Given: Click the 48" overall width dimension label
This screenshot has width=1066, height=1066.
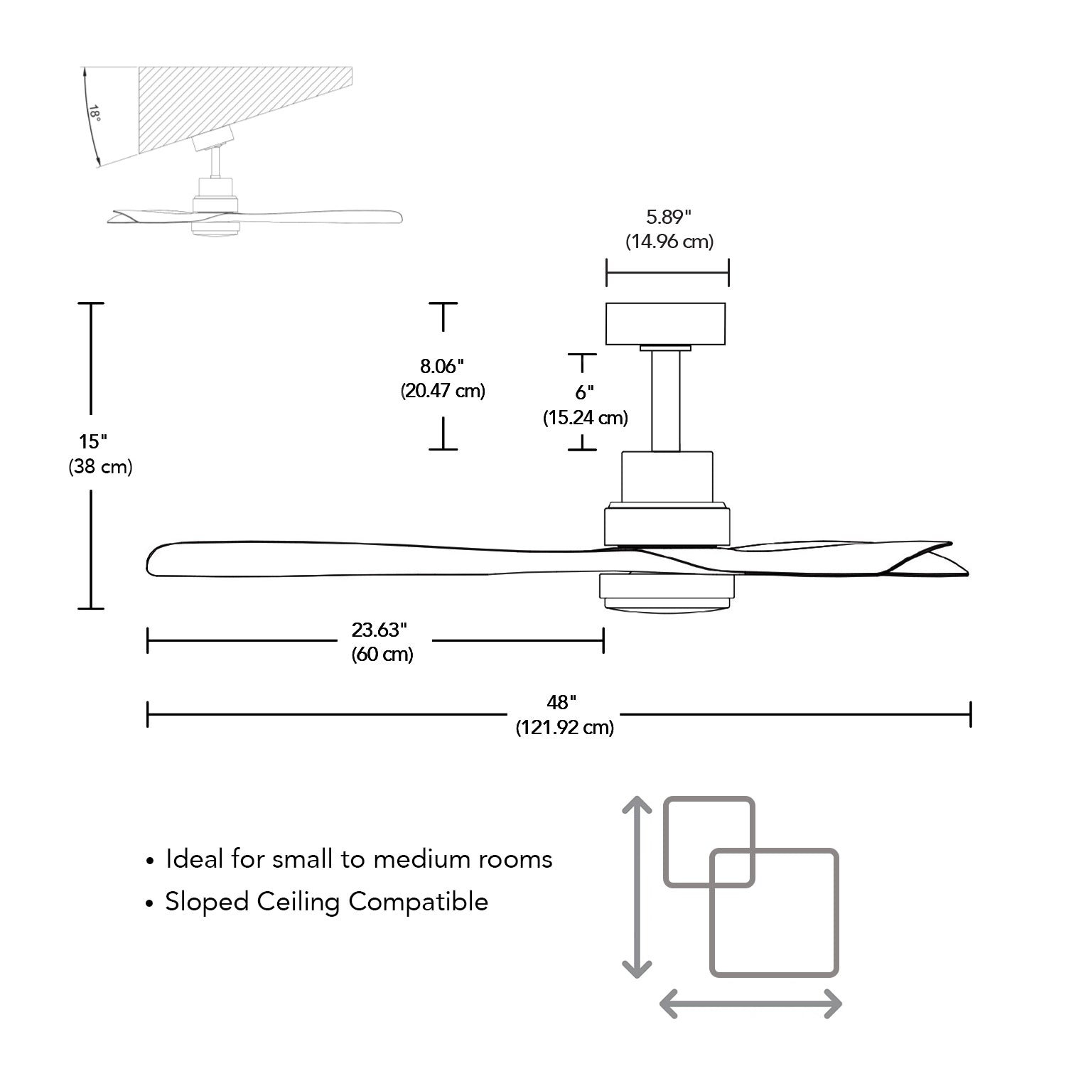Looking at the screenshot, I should [561, 702].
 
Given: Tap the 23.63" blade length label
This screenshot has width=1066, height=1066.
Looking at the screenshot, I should [379, 630].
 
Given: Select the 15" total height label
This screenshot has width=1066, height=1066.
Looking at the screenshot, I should [93, 441].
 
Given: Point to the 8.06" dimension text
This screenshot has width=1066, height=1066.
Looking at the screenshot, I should [441, 366].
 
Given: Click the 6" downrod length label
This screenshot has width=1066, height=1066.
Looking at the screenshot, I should [584, 392].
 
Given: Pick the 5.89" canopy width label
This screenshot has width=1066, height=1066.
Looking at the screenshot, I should [668, 217].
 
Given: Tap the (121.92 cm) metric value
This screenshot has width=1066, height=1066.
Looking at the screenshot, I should [565, 728].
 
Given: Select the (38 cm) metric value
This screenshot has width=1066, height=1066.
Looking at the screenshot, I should [100, 467].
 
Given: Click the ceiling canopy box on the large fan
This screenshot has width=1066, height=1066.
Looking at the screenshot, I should [665, 324].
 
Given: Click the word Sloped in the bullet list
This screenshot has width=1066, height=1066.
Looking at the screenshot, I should [207, 902].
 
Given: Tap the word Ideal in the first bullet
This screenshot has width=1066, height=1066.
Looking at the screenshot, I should [194, 858].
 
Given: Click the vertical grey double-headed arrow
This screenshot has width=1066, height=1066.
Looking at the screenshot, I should [637, 887].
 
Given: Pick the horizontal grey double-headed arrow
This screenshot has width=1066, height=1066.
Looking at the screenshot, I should [750, 1004].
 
